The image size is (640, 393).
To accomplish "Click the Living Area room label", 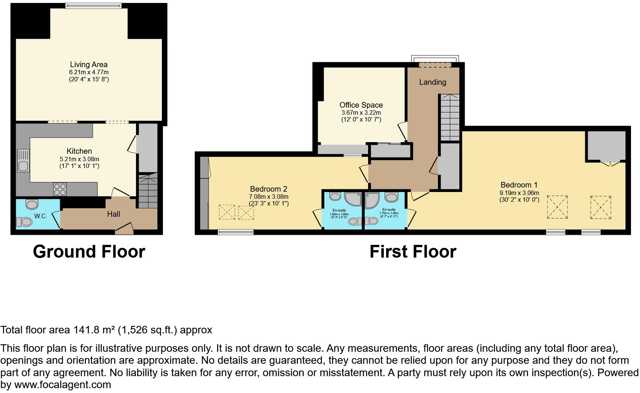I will [89, 64].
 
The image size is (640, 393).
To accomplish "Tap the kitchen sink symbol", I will [23, 160].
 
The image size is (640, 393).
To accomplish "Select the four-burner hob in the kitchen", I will [60, 189].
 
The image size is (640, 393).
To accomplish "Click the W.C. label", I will [41, 216].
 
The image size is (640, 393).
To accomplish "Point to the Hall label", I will [113, 214].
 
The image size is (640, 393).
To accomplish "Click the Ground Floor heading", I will [89, 252].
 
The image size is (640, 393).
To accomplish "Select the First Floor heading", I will [413, 252].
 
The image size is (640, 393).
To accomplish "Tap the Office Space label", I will [361, 105].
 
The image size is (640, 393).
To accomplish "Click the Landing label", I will [432, 82].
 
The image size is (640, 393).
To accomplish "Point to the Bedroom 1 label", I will [519, 185].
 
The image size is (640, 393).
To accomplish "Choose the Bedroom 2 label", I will [269, 189].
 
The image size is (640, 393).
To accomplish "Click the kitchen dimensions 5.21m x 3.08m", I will [79, 159].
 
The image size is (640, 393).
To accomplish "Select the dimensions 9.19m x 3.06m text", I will [519, 193].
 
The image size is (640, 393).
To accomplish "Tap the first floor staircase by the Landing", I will [450, 117].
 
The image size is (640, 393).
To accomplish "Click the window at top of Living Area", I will [93, 5].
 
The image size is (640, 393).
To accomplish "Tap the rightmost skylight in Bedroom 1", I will [600, 207].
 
